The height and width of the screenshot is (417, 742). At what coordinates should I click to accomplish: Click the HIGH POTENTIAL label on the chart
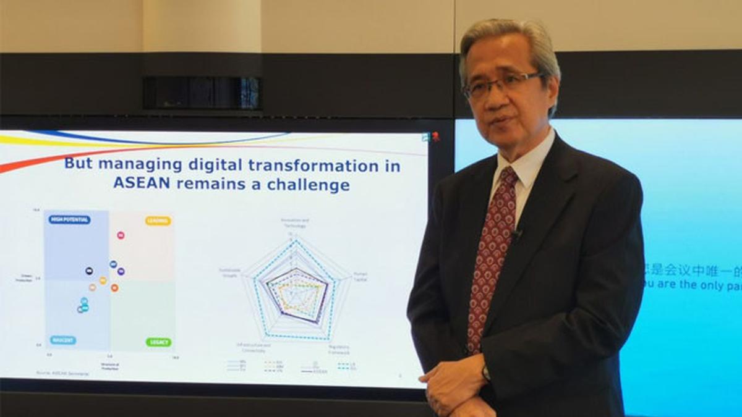click(69, 219)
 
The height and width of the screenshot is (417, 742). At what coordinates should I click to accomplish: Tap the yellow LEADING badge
click(158, 221)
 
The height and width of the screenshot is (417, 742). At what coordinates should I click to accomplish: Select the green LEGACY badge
click(159, 342)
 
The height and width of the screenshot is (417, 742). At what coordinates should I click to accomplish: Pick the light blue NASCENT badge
click(63, 340)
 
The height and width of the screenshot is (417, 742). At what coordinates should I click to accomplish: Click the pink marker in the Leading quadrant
click(121, 235)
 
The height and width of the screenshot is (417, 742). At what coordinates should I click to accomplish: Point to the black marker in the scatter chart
click(89, 271)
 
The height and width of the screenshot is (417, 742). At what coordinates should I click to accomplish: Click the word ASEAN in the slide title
click(138, 183)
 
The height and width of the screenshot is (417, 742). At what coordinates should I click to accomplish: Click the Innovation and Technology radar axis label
click(294, 222)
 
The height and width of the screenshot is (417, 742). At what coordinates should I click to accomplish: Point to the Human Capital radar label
click(360, 276)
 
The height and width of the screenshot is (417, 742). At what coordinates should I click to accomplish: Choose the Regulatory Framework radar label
click(339, 349)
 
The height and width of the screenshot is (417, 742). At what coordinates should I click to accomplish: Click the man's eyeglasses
click(502, 85)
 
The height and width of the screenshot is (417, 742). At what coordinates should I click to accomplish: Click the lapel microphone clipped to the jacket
click(516, 233)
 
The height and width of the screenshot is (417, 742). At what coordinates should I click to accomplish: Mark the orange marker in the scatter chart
click(114, 287)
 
